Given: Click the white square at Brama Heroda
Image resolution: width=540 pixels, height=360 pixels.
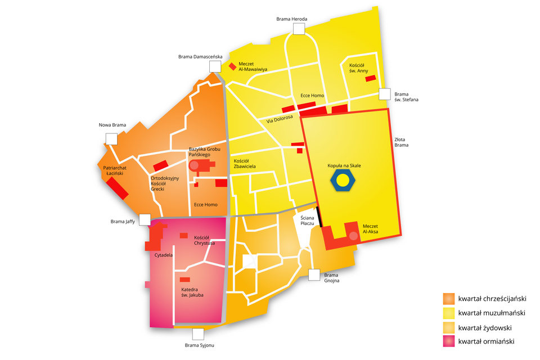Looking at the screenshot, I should (298, 29).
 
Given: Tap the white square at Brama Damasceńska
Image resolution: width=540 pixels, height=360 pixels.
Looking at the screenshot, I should (215, 66).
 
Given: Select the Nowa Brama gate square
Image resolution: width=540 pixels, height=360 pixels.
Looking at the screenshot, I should (111, 139).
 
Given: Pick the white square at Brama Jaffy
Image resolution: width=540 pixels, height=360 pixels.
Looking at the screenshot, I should (145, 220).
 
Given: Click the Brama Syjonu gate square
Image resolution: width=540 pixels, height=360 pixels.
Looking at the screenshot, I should (198, 334).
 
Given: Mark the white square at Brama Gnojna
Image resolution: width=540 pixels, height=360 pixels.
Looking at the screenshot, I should (314, 274).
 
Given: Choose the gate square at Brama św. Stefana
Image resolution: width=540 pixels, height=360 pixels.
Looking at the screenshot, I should (385, 94).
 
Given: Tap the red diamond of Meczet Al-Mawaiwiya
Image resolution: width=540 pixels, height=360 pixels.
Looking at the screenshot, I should (232, 66).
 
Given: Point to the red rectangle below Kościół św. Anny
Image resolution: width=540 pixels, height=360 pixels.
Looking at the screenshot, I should (370, 78).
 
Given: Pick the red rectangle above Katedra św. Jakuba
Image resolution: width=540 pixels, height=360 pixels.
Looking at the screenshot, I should (184, 280).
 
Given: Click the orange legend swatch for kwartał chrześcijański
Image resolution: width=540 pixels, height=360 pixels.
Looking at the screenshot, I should (449, 299).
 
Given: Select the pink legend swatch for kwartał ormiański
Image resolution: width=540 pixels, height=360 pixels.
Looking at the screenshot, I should (449, 341).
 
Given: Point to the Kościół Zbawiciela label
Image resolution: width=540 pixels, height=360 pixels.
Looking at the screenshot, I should (245, 164).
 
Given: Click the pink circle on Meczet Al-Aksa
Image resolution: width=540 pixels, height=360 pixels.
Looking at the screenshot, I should (353, 235).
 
